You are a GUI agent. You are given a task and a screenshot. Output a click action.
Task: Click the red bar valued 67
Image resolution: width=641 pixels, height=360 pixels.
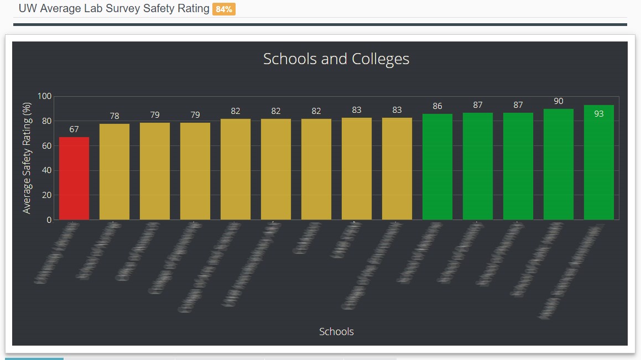click(x=74, y=178)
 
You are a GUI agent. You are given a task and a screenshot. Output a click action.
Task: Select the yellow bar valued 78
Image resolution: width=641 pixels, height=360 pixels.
click(x=114, y=171)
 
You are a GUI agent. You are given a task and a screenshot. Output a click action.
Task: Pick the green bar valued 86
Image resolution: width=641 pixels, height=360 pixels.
click(x=437, y=166)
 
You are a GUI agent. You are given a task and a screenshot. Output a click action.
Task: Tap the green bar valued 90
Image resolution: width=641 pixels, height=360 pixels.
click(x=559, y=164)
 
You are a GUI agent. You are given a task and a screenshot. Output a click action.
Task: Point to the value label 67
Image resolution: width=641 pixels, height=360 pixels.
click(x=74, y=129)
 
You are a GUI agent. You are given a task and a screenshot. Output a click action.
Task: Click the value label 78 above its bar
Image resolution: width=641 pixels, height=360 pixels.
click(x=114, y=116)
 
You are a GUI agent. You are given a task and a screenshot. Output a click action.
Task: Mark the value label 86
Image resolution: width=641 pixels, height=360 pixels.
click(x=437, y=106)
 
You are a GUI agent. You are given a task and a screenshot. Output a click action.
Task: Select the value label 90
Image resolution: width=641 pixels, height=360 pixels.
click(x=559, y=101)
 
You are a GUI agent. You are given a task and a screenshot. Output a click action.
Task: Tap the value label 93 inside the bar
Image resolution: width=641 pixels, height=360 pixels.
click(x=599, y=114)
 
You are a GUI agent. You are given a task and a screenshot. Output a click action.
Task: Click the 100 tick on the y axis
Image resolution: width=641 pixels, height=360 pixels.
click(x=44, y=97)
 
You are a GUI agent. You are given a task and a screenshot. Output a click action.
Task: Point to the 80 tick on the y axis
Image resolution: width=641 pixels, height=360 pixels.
click(x=46, y=121)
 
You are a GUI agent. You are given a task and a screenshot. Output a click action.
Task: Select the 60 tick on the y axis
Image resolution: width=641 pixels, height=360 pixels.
click(x=46, y=146)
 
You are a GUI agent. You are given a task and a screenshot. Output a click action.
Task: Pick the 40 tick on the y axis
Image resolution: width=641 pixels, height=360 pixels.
click(x=46, y=170)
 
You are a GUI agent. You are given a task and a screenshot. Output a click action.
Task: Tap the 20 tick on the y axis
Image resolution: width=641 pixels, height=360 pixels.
click(x=46, y=195)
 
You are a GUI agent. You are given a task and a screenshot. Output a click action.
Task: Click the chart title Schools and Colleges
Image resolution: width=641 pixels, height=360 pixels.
click(x=336, y=59)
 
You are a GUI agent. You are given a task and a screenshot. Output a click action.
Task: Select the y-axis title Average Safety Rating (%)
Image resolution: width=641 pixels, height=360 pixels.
click(x=27, y=158)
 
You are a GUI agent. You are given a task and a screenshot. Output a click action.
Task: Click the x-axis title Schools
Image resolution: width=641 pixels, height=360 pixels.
click(x=336, y=332)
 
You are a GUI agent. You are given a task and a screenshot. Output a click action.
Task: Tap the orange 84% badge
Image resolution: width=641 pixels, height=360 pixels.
click(x=224, y=9)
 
